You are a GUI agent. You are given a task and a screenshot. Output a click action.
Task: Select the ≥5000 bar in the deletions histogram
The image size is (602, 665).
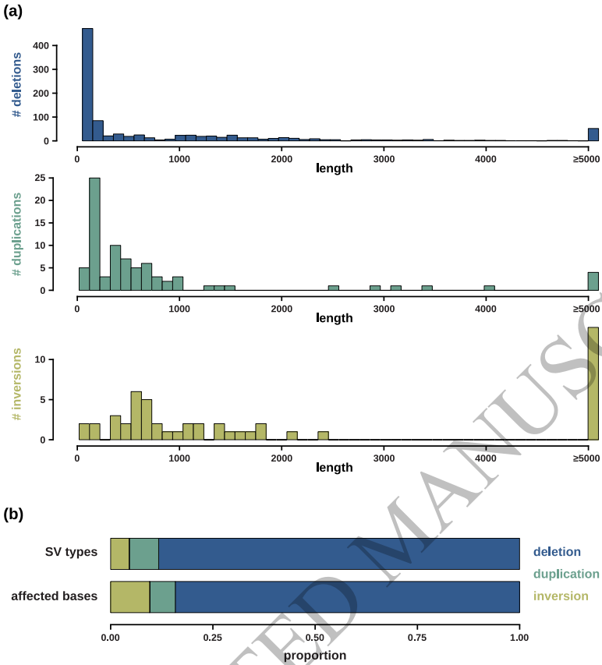(593, 135)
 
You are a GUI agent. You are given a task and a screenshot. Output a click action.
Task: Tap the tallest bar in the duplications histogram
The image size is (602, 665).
(94, 234)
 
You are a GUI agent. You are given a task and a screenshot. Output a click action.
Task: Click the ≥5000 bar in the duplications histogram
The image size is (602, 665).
(593, 281)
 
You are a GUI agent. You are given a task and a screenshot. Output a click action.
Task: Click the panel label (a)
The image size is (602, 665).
(16, 12)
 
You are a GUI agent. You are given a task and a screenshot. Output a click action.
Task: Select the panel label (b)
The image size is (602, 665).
(16, 515)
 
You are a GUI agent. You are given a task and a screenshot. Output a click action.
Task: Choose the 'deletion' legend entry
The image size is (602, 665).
(557, 552)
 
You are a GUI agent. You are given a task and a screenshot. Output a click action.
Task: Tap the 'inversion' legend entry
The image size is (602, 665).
(561, 596)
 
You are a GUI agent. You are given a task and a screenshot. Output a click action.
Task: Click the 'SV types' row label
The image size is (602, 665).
(71, 552)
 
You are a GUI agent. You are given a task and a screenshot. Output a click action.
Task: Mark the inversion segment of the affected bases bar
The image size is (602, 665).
(129, 596)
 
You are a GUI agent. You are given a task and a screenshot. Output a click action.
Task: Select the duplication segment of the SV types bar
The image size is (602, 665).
(143, 553)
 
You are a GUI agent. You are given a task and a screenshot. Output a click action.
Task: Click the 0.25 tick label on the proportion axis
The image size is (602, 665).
(213, 636)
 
